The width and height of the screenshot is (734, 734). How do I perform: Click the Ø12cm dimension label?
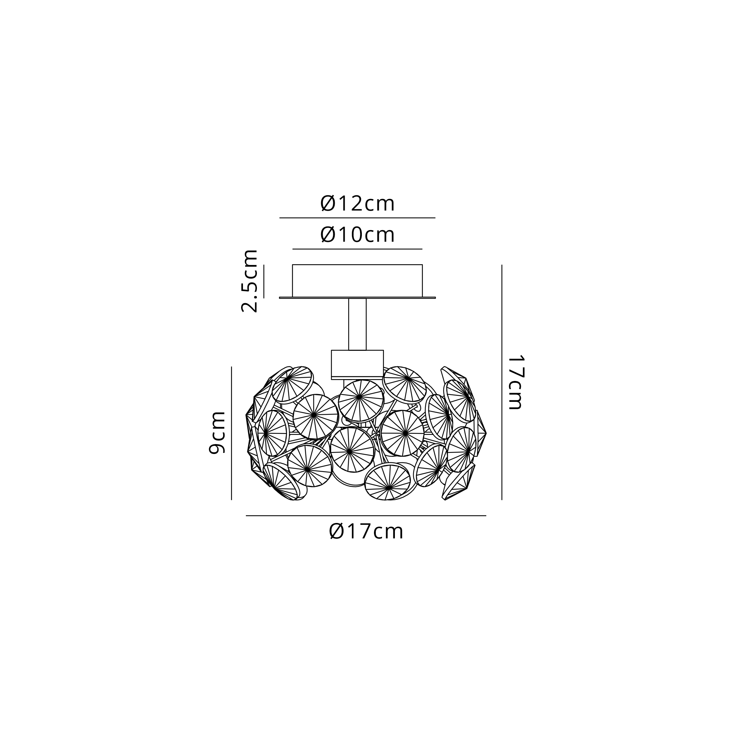click(357, 204)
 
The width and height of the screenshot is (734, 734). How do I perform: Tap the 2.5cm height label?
click(250, 281)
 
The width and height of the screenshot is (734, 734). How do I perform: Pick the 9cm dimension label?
click(217, 432)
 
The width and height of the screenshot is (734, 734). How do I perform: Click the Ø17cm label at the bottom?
click(366, 531)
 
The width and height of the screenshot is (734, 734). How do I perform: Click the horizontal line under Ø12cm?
click(357, 218)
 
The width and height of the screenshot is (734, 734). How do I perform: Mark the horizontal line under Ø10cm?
click(357, 249)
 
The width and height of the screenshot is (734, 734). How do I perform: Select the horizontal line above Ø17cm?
click(366, 516)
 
